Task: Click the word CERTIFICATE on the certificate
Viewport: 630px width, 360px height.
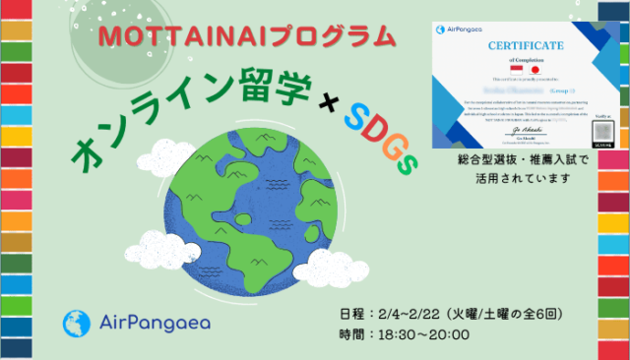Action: coord(530,46)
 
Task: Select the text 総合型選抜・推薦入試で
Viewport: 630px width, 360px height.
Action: coord(523,159)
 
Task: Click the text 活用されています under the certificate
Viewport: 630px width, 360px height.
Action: coord(523,177)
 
